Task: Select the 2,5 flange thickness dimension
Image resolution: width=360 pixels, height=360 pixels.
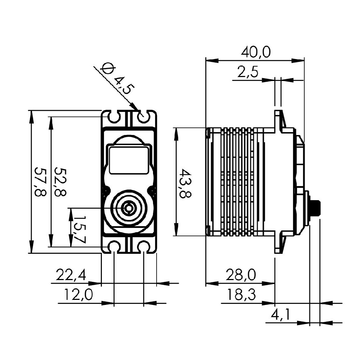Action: pos(248,73)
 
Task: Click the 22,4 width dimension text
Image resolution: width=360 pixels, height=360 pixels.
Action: pos(71,276)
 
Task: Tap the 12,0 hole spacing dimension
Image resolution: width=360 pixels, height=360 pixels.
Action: pos(78,295)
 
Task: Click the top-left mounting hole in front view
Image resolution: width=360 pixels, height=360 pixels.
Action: pos(114,117)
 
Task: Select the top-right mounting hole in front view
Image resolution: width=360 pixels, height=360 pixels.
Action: pos(144,117)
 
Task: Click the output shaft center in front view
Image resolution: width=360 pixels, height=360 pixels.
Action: pos(129,208)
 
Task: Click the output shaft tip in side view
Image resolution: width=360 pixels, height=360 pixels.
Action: pos(317,208)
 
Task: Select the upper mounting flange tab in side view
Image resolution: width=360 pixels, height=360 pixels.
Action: pos(278,121)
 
